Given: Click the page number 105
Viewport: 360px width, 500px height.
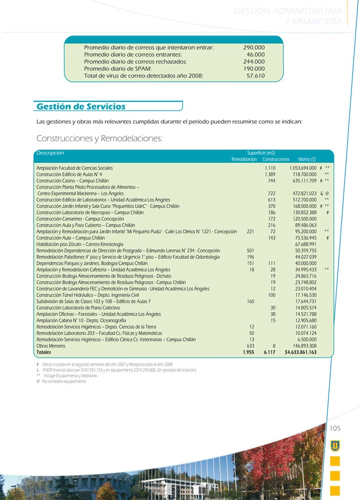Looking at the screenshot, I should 335,428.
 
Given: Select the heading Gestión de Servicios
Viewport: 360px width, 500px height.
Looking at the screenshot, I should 81,106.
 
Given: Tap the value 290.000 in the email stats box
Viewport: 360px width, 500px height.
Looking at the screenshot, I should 254,47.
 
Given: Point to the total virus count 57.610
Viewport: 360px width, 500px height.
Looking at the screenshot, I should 256,76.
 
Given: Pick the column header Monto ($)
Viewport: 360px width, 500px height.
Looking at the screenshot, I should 307,159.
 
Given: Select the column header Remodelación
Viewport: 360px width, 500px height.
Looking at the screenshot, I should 244,159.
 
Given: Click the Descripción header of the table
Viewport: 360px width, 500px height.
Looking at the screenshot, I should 50,153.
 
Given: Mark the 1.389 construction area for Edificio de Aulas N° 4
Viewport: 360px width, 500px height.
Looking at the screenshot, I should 270,174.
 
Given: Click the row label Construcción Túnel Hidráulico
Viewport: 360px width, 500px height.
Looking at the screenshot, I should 88,295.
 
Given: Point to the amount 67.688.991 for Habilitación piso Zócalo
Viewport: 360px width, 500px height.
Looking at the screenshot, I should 305,244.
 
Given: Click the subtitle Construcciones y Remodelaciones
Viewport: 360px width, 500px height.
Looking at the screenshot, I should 99,139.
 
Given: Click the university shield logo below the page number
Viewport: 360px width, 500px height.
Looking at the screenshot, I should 335,445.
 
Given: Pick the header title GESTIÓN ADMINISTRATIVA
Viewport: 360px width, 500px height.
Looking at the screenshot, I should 288,11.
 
